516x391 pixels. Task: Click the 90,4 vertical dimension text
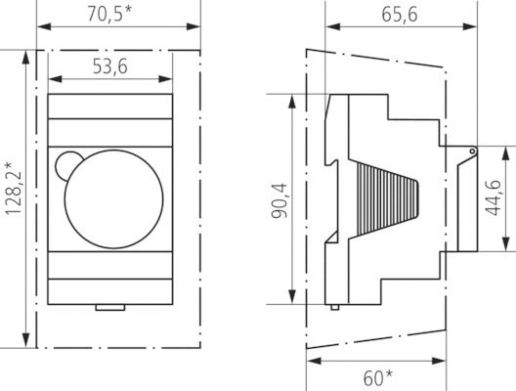click(279, 198)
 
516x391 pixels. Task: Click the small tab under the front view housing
click(110, 310)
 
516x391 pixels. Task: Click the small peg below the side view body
click(336, 307)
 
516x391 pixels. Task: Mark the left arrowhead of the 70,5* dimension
click(41, 27)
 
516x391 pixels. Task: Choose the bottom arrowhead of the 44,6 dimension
click(506, 247)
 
